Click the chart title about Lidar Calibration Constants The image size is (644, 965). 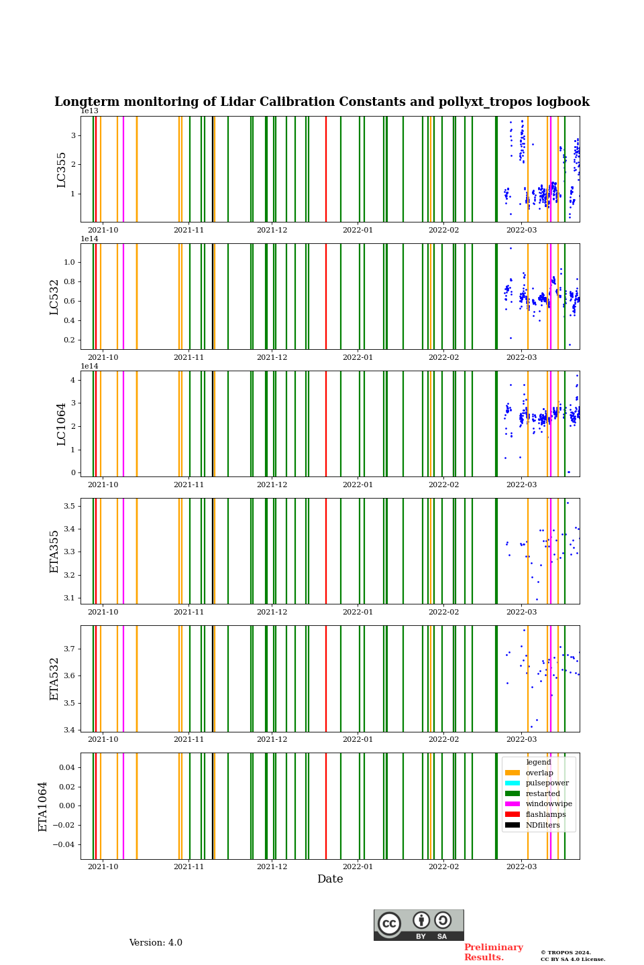point(322,102)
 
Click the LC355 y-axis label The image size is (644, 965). point(62,170)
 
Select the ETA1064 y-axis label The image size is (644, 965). point(43,806)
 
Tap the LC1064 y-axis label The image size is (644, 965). point(62,424)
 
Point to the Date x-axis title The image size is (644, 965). point(330,879)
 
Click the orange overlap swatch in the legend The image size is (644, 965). point(513,773)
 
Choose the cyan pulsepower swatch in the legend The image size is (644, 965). point(513,783)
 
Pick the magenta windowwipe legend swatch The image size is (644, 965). point(513,803)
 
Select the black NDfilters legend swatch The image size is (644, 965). point(513,825)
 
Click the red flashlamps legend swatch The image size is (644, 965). point(513,814)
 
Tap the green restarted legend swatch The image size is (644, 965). point(513,793)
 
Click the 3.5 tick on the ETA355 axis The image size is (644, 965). point(69,506)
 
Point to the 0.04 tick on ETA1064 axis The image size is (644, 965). point(66,767)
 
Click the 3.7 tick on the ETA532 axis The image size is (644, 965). point(69,649)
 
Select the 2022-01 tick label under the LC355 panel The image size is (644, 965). point(358,230)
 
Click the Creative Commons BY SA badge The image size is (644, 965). point(419,925)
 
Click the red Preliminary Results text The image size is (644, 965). point(493,952)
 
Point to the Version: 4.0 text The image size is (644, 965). point(156,943)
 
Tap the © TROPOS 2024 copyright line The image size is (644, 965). point(566,952)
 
